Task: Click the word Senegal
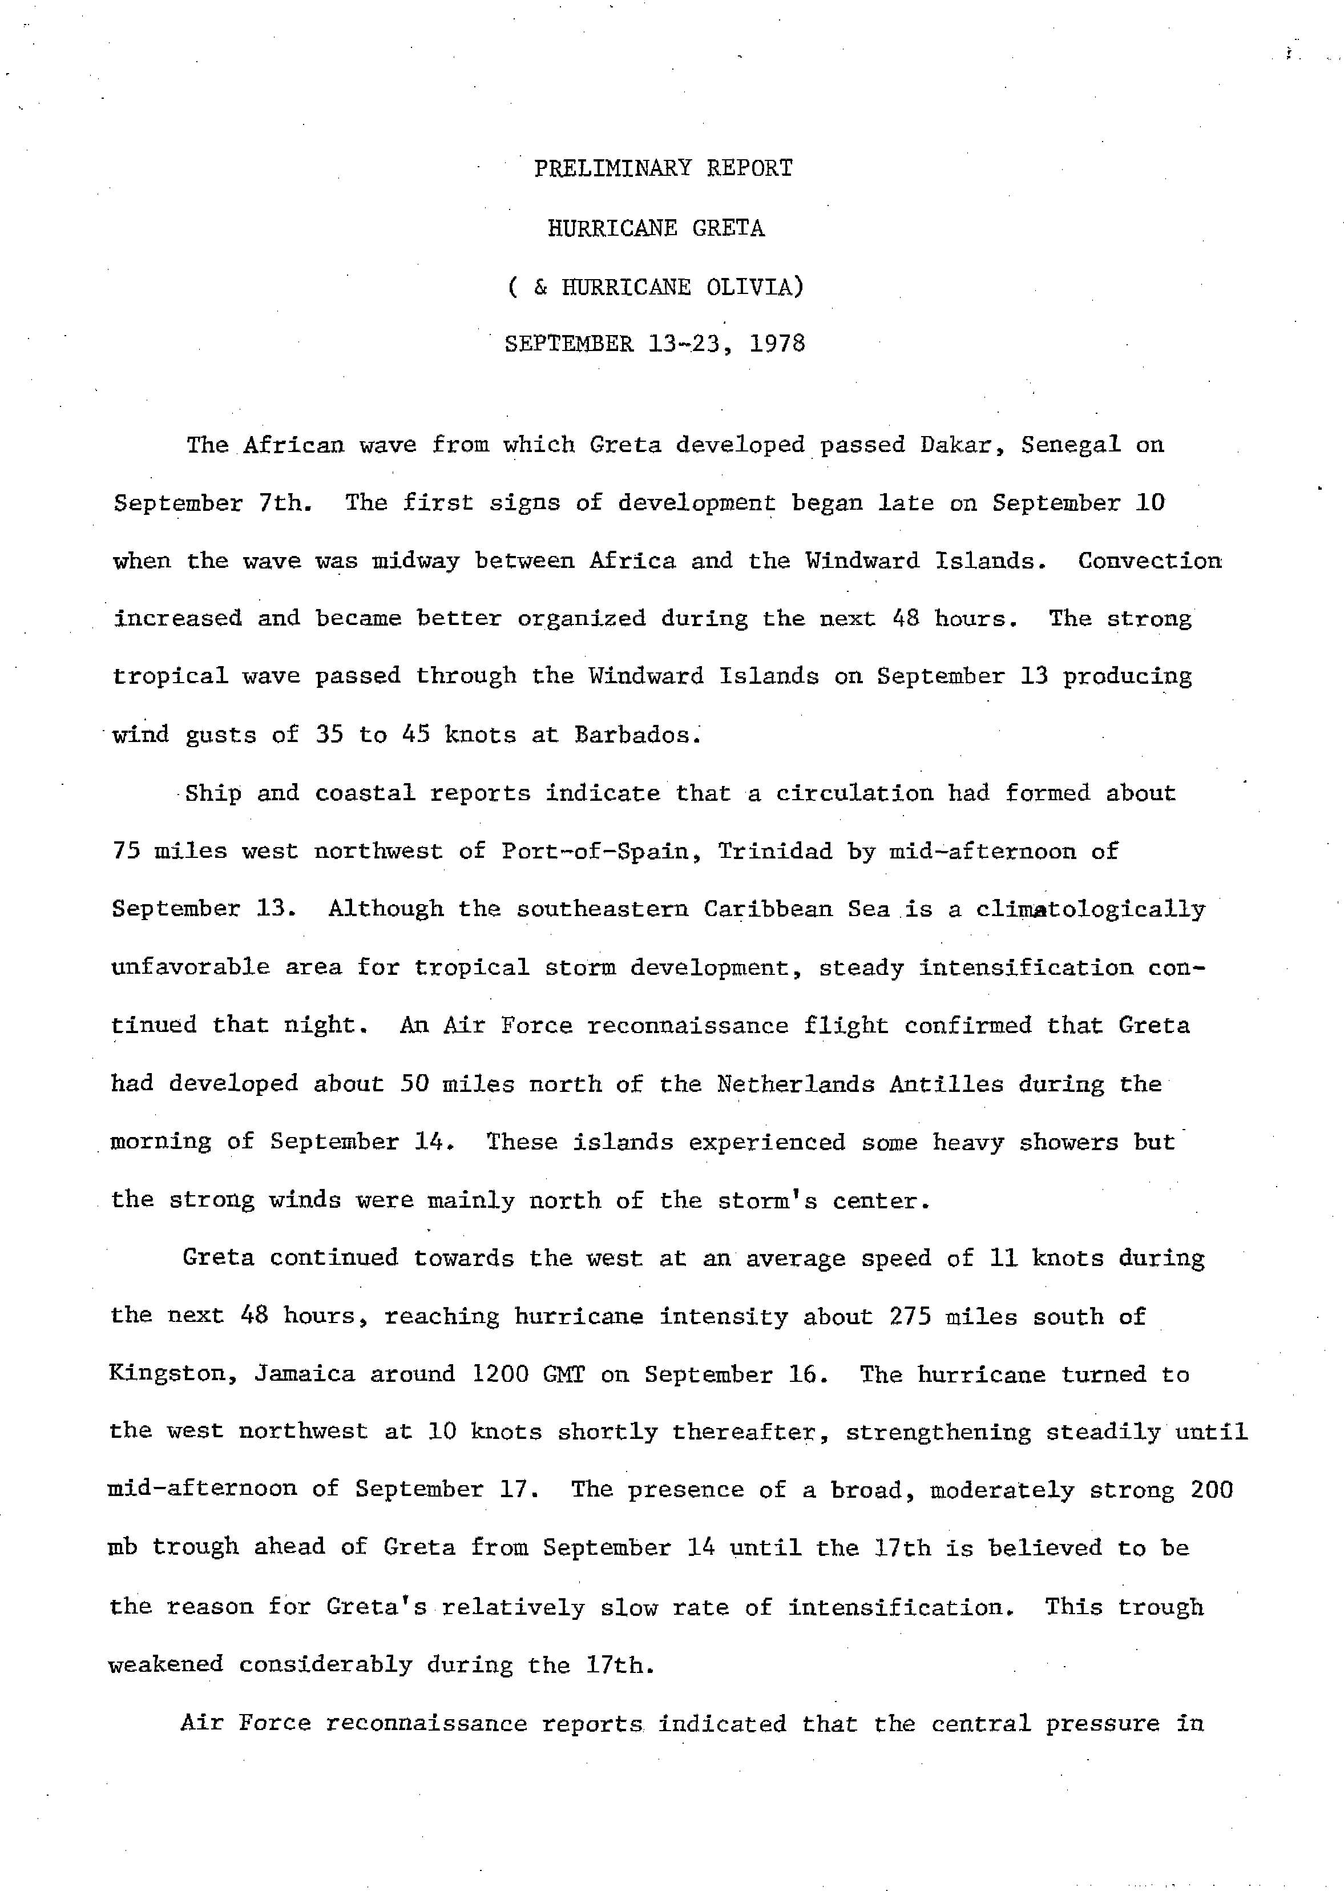pyautogui.click(x=1070, y=445)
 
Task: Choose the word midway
pyautogui.click(x=415, y=561)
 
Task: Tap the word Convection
pyautogui.click(x=1149, y=561)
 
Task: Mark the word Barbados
pyautogui.click(x=637, y=735)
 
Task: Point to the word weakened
pyautogui.click(x=166, y=1664)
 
